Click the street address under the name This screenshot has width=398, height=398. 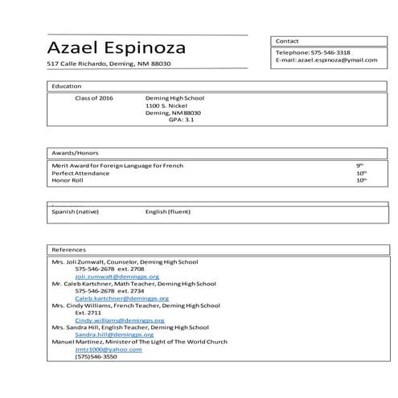(x=109, y=64)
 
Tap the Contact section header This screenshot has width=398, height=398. (x=287, y=40)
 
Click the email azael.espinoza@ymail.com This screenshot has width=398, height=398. (x=325, y=60)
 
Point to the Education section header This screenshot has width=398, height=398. (x=66, y=86)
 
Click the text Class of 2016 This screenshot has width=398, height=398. (x=94, y=97)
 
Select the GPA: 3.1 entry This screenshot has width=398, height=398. (x=181, y=120)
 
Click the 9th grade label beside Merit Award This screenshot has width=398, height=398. (x=360, y=165)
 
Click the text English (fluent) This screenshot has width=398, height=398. (x=169, y=212)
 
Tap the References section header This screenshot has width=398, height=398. (x=68, y=249)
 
